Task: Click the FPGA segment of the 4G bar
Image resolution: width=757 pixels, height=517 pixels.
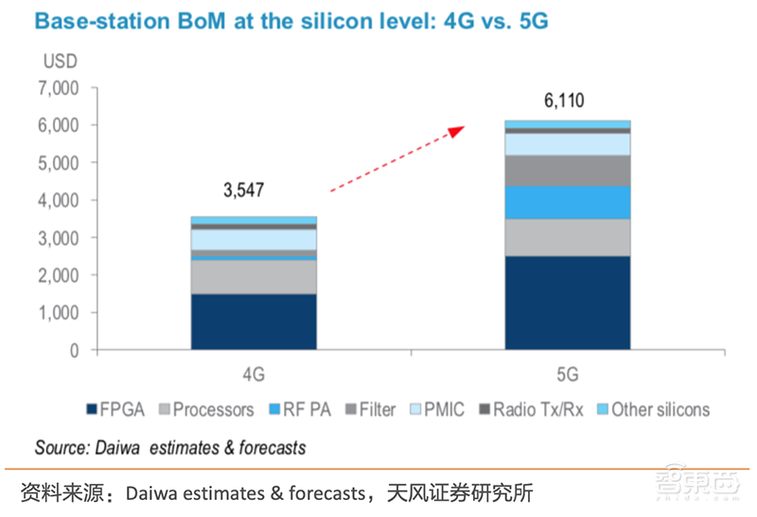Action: [x=254, y=321]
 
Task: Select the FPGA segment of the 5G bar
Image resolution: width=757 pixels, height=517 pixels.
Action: [x=567, y=302]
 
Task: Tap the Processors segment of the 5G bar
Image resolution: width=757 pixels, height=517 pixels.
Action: [x=567, y=237]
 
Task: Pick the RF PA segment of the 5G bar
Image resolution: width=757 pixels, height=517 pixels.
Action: [x=567, y=202]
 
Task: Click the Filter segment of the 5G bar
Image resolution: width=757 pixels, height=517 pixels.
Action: [x=567, y=169]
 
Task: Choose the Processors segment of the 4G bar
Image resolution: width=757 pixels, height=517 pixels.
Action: [x=254, y=276]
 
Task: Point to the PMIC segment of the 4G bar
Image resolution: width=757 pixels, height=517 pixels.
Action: [x=254, y=240]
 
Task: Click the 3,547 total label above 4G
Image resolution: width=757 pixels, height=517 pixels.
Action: [x=243, y=190]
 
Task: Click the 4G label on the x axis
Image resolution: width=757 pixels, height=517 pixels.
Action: [x=253, y=374]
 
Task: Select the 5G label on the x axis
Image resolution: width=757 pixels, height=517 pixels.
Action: [x=567, y=374]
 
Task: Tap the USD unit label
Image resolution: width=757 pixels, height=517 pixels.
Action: [x=59, y=62]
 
